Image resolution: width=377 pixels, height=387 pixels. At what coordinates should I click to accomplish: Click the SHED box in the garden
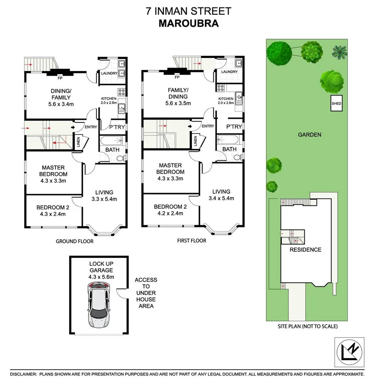[x=337, y=104]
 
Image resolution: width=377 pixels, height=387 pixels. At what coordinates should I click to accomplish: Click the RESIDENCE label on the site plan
[x=305, y=249]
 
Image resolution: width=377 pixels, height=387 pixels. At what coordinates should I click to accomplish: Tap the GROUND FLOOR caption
[x=75, y=241]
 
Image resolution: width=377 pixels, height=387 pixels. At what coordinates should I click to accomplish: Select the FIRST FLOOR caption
[x=192, y=240]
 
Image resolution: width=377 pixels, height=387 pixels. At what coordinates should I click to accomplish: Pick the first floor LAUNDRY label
[x=229, y=72]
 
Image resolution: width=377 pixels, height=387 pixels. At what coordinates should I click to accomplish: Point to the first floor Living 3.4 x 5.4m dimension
[x=221, y=199]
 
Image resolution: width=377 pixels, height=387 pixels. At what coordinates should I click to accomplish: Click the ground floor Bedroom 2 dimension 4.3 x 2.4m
[x=53, y=214]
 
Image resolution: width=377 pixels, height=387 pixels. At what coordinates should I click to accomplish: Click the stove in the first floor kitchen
[x=220, y=87]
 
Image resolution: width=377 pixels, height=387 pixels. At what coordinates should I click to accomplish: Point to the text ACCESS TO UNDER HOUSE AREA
[x=145, y=293]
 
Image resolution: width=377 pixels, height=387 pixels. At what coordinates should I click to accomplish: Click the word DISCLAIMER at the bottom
[x=23, y=374]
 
